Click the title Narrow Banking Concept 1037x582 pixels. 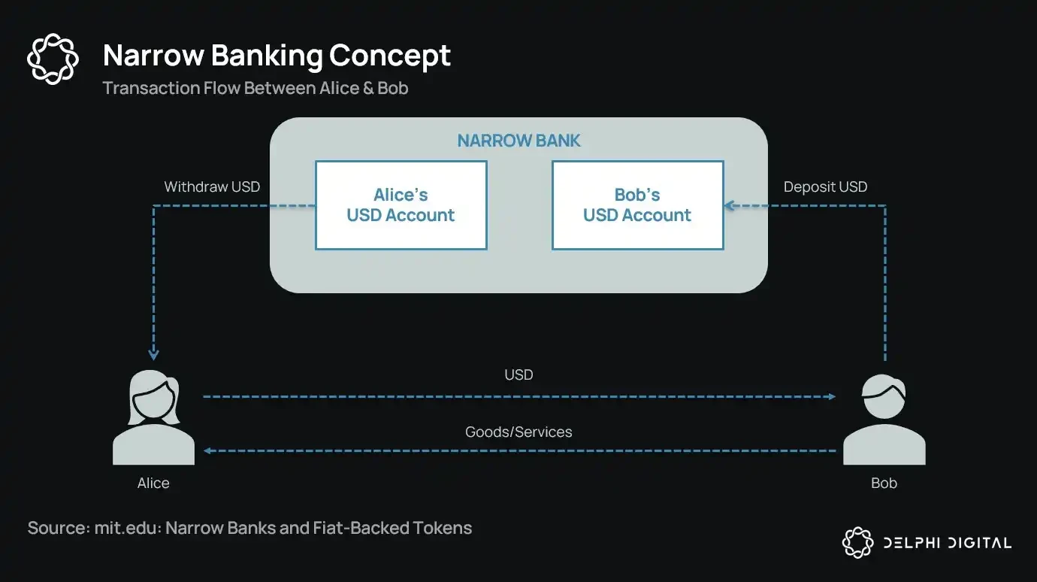point(277,56)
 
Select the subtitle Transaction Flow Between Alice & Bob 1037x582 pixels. point(255,88)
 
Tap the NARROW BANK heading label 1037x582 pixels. point(518,141)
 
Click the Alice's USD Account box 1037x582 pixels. point(401,205)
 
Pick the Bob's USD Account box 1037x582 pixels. point(637,205)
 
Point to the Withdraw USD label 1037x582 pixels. point(212,186)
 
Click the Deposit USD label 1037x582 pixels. point(825,186)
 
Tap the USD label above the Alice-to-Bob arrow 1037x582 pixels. point(518,374)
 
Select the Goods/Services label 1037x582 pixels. point(518,432)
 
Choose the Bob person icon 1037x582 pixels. point(884,421)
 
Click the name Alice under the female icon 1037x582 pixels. point(153,483)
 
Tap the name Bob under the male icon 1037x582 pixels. point(884,483)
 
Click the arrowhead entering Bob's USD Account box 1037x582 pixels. point(729,205)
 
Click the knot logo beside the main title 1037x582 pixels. point(53,59)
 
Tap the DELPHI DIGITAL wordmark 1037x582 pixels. point(946,542)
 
